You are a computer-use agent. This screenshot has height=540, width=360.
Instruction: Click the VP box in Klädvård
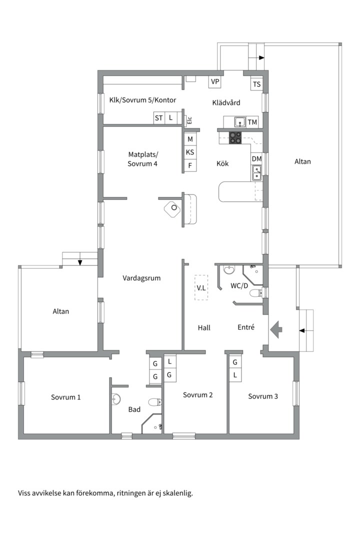(215, 81)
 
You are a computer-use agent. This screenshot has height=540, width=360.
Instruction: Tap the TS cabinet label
(256, 84)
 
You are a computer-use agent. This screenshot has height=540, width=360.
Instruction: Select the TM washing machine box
(252, 122)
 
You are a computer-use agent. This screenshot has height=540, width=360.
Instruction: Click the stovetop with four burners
(235, 137)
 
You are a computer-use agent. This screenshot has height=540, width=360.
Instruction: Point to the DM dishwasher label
(256, 159)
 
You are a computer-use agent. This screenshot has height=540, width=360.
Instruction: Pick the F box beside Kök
(190, 165)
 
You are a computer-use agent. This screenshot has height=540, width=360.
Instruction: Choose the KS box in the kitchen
(190, 152)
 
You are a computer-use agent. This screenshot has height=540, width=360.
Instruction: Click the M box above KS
(190, 139)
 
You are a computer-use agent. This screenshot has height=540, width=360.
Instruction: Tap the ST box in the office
(158, 118)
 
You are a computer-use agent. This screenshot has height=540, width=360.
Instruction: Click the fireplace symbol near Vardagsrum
(173, 208)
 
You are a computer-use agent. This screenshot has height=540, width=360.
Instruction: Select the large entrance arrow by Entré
(276, 330)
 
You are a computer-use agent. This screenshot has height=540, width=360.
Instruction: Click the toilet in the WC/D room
(255, 293)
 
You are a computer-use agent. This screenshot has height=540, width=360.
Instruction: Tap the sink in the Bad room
(116, 398)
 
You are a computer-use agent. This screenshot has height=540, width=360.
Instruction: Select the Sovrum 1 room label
(66, 397)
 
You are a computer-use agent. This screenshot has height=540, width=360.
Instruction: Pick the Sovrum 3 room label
(263, 396)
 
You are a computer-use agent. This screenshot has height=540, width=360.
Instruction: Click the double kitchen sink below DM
(256, 173)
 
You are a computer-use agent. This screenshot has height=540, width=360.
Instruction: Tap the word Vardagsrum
(141, 278)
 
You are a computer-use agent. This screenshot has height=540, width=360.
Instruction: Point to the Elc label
(189, 120)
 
